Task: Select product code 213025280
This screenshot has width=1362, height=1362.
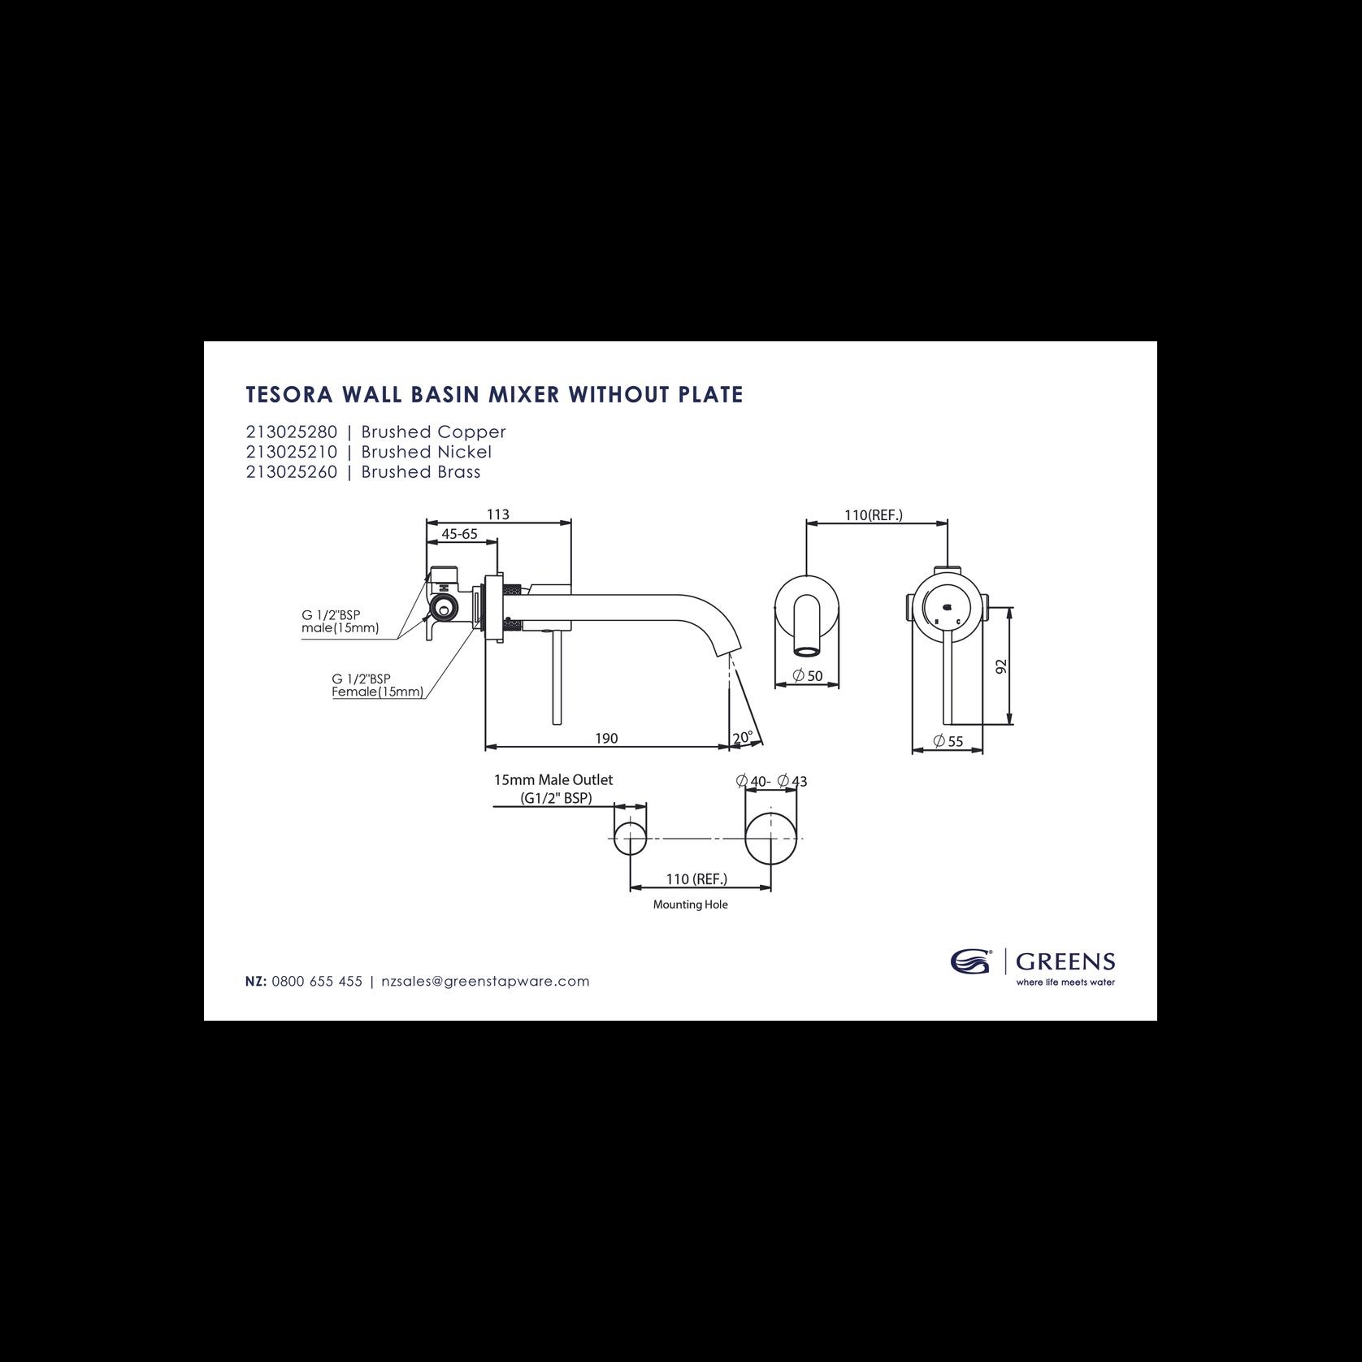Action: pyautogui.click(x=292, y=432)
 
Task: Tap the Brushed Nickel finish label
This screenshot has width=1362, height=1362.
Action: pyautogui.click(x=427, y=452)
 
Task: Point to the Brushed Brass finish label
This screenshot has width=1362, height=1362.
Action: pyautogui.click(x=421, y=472)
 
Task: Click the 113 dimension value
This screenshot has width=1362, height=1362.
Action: pyautogui.click(x=498, y=514)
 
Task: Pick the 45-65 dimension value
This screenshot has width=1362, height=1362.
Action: pyautogui.click(x=459, y=534)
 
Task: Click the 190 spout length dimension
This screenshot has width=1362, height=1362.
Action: pyautogui.click(x=606, y=738)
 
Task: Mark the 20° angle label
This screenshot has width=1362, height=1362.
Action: pyautogui.click(x=743, y=738)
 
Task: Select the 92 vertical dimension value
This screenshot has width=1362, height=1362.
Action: pyautogui.click(x=1001, y=666)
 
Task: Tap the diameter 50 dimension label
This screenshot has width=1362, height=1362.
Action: pyautogui.click(x=807, y=675)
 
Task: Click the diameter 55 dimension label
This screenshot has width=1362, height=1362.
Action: pyautogui.click(x=948, y=741)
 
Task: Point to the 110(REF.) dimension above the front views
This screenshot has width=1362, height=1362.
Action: pyautogui.click(x=874, y=515)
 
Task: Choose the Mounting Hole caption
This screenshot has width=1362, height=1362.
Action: pyautogui.click(x=691, y=904)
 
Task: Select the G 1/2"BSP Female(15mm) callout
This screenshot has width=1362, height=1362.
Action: pyautogui.click(x=377, y=685)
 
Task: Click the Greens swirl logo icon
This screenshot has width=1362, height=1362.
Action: pyautogui.click(x=971, y=962)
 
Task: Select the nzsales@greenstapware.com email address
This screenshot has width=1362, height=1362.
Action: pyautogui.click(x=485, y=981)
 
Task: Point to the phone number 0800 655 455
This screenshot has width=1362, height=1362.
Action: pyautogui.click(x=317, y=981)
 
